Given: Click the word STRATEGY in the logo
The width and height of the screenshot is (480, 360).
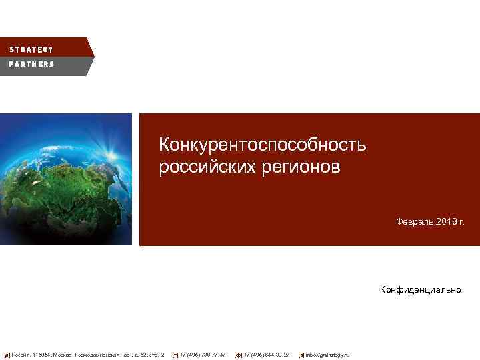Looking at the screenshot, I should click(x=31, y=49).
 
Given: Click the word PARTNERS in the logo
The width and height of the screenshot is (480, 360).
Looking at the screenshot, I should click(x=31, y=64).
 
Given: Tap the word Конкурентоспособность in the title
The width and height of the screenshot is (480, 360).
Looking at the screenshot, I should click(x=262, y=145).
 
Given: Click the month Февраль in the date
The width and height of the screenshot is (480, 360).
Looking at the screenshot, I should click(x=413, y=221).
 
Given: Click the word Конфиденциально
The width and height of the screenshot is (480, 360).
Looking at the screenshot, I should click(x=420, y=289).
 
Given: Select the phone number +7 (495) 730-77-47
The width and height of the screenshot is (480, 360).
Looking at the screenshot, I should click(x=203, y=355).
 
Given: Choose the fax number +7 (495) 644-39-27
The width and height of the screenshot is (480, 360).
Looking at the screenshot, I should click(x=267, y=355).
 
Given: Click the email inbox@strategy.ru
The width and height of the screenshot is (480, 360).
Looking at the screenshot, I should click(x=327, y=355).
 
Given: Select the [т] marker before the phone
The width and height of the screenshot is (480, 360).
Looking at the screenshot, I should click(x=175, y=355).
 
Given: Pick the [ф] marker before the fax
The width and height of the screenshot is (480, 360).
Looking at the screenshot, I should click(x=238, y=355).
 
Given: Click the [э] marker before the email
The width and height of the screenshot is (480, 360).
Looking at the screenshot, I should click(x=301, y=355).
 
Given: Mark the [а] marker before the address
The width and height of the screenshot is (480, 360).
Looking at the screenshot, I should click(x=7, y=355).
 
